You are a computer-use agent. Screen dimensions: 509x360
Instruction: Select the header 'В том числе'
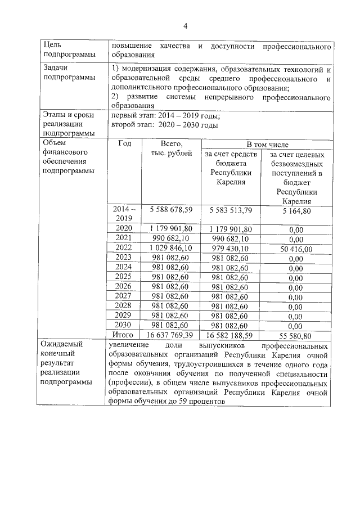tap(265, 145)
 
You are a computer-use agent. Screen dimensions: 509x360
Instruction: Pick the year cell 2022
tap(123, 247)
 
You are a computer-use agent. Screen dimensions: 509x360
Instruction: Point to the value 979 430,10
tap(231, 247)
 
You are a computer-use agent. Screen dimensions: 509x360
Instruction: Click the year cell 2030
tap(123, 325)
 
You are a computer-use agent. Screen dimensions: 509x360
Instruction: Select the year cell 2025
tap(123, 277)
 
